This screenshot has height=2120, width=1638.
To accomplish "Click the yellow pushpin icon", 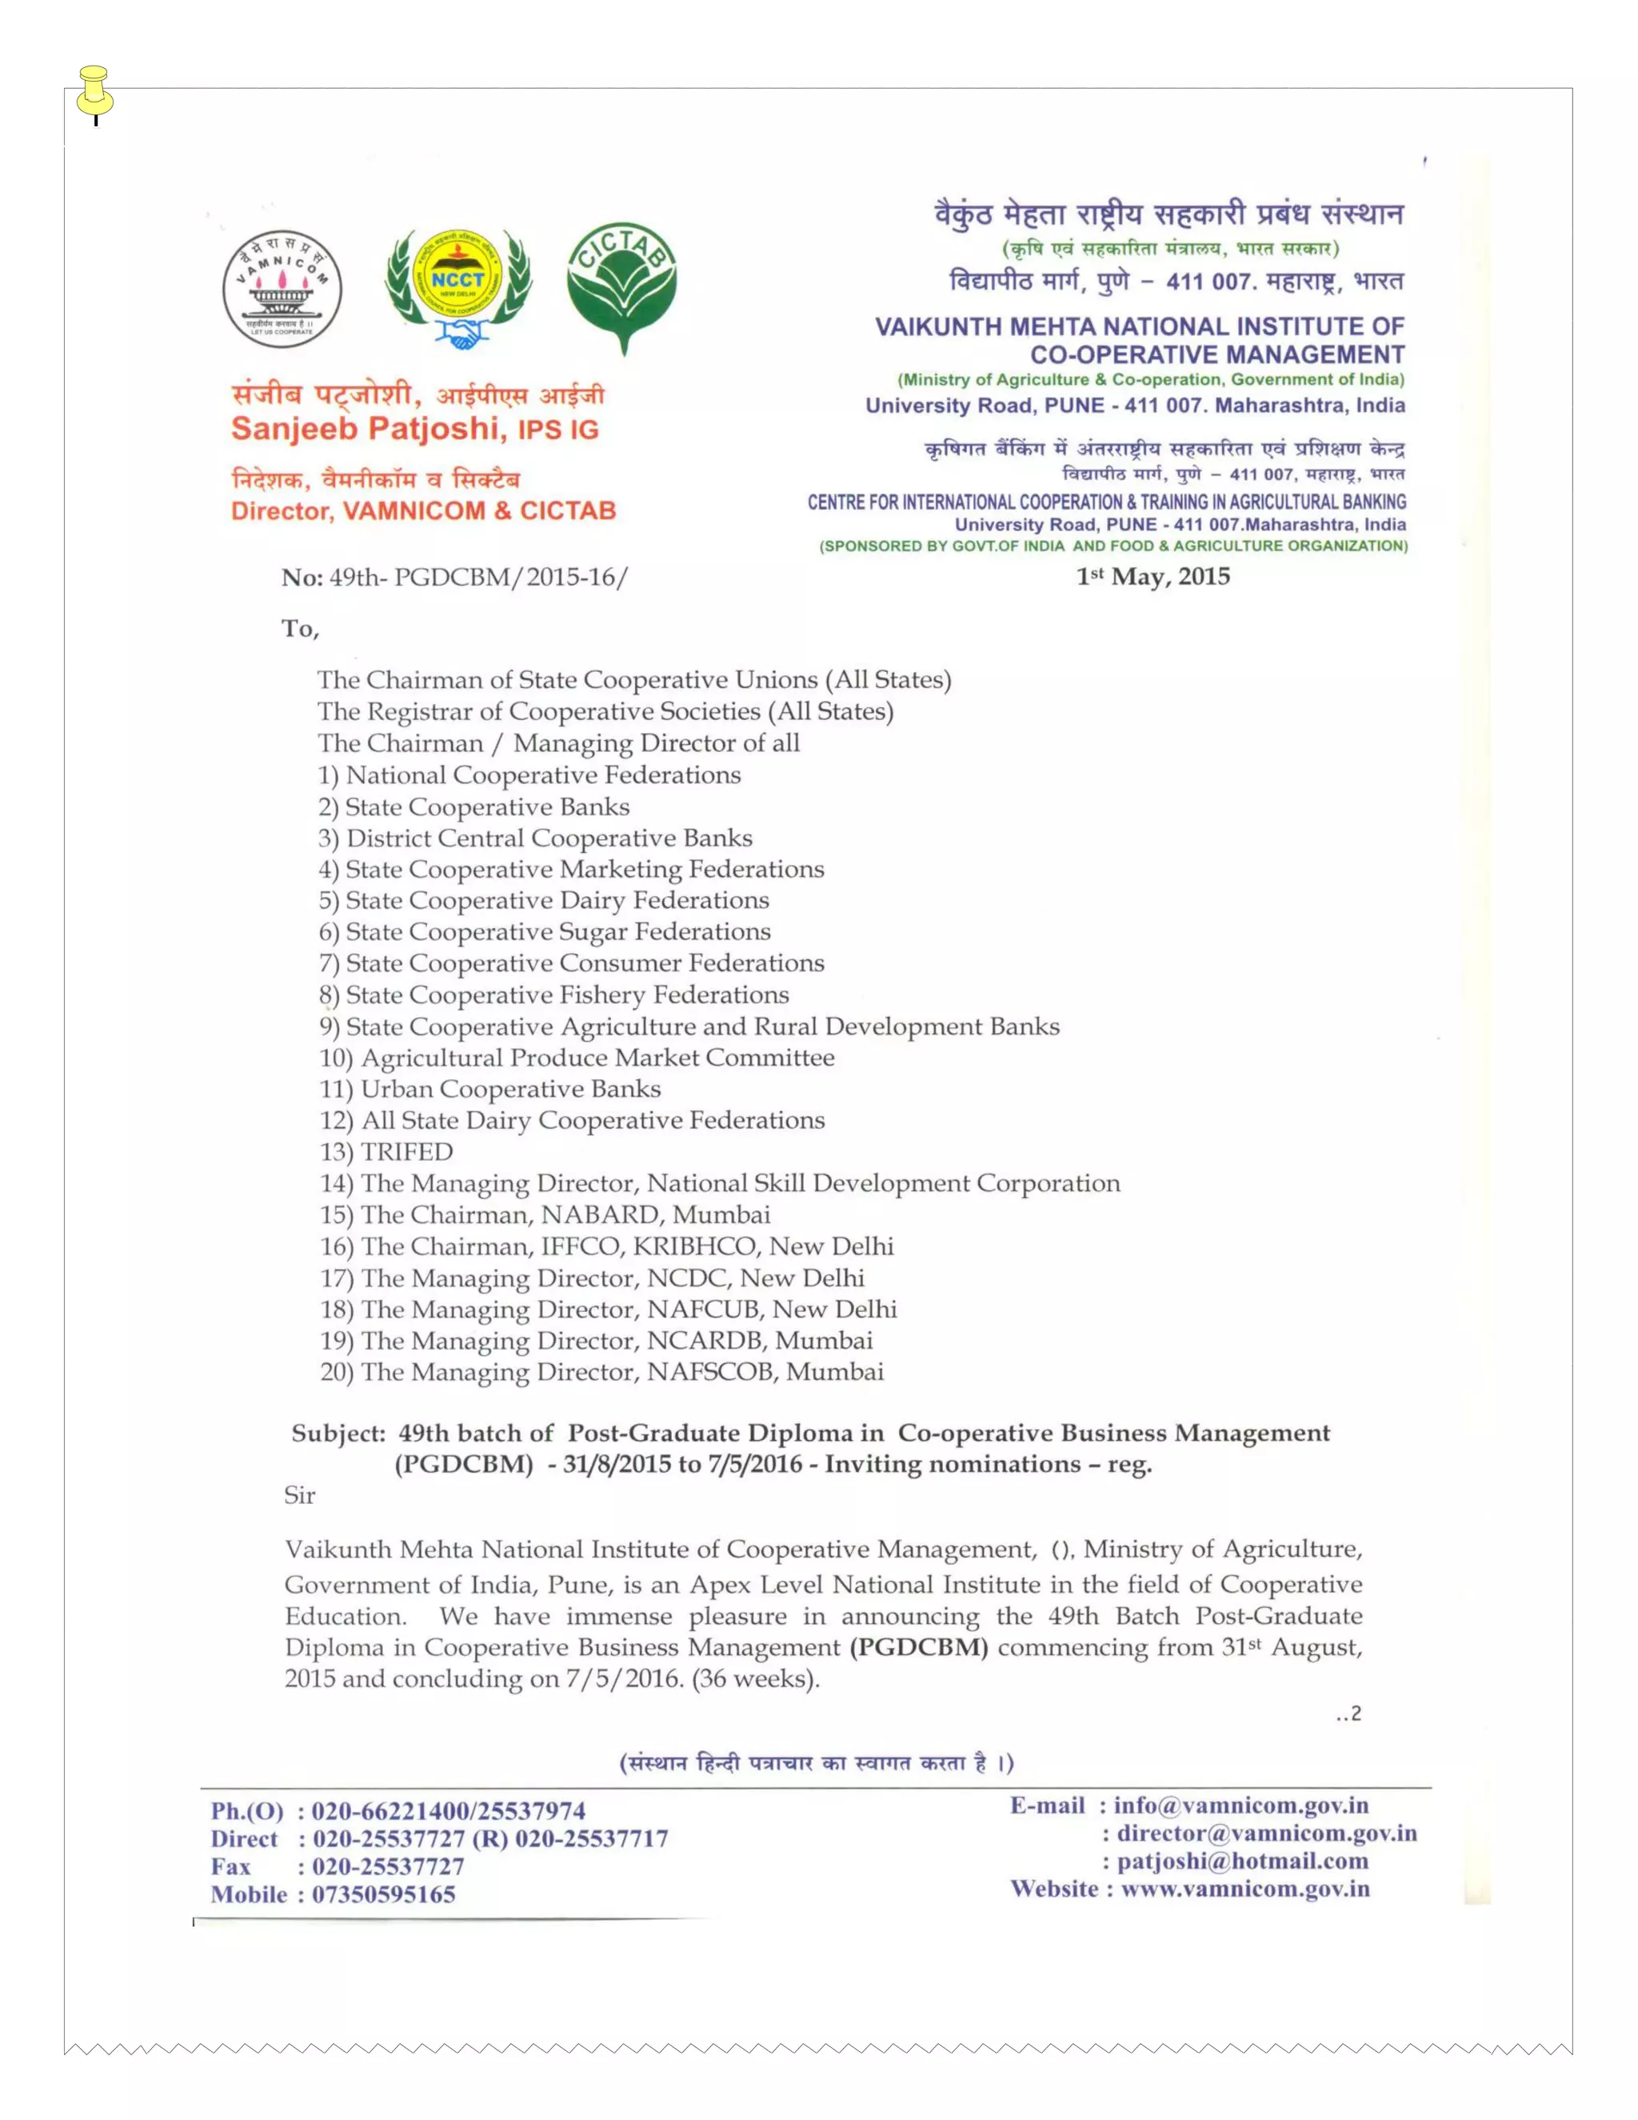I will pyautogui.click(x=94, y=92).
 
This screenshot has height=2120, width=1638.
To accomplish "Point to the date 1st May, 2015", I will pyautogui.click(x=1153, y=577).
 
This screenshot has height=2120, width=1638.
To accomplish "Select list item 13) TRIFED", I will pyautogui.click(x=386, y=1151).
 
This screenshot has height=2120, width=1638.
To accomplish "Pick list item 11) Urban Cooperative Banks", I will pyautogui.click(x=490, y=1089).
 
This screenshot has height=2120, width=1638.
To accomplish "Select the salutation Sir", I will pyautogui.click(x=300, y=1495).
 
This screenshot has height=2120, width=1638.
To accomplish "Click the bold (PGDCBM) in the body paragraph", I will pyautogui.click(x=918, y=1647).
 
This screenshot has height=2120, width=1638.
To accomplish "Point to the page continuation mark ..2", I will pyautogui.click(x=1348, y=1714).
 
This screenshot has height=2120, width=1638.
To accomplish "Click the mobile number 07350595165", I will pyautogui.click(x=383, y=1894).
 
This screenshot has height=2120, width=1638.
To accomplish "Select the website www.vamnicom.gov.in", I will pyautogui.click(x=1245, y=1889).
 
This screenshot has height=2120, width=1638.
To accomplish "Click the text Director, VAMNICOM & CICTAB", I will pyautogui.click(x=423, y=510).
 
